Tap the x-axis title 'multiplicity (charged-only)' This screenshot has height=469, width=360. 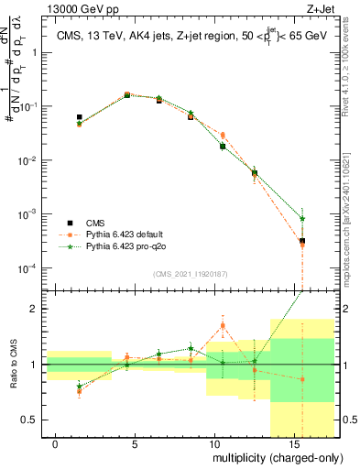274,456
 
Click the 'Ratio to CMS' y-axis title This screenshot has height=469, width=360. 16,365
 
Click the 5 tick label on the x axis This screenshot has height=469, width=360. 134,444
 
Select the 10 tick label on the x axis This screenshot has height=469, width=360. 213,444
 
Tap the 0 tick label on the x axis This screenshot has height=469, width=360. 56,444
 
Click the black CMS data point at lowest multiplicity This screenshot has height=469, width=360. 80,117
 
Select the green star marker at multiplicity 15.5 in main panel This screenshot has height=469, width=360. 302,219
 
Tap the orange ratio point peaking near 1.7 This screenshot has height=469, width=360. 223,325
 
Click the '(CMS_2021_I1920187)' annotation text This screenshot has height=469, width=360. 191,274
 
